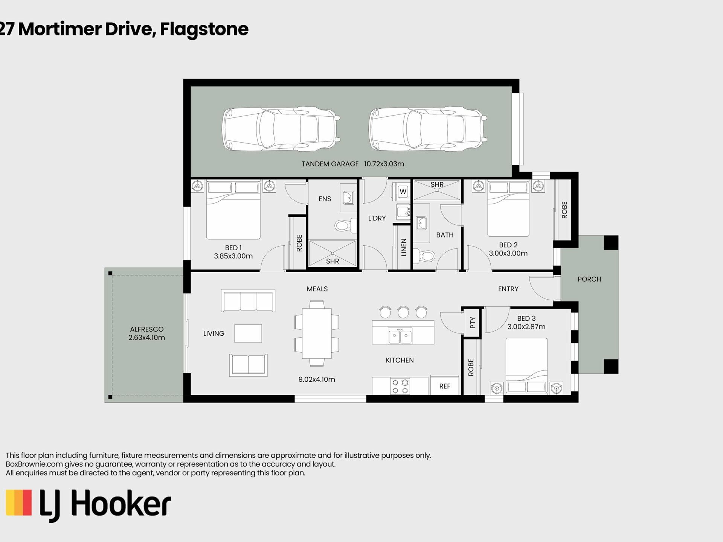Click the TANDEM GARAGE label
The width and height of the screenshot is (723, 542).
(330, 164)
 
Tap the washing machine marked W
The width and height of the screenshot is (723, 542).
(403, 191)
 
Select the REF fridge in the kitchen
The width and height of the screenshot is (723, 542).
(445, 385)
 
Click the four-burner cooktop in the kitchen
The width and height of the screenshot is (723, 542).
(400, 386)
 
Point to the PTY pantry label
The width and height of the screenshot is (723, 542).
(473, 323)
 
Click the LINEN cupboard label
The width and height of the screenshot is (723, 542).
(404, 247)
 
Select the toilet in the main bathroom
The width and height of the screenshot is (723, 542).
(424, 256)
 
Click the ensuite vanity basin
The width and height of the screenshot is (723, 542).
(348, 198)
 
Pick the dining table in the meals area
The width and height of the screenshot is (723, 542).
(317, 333)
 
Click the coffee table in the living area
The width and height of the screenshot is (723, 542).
(248, 333)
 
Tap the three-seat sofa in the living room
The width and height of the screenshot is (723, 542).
(248, 300)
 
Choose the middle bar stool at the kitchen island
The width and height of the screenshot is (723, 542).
(403, 312)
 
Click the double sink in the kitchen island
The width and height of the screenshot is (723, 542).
(400, 336)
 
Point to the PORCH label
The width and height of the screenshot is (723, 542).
(589, 279)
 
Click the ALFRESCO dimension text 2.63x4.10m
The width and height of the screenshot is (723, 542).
(146, 338)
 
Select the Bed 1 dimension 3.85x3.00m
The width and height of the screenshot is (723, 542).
(233, 256)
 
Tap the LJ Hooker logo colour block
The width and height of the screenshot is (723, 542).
(19, 502)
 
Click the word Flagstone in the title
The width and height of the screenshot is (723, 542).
(204, 29)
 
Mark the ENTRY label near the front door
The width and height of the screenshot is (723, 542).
(508, 289)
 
